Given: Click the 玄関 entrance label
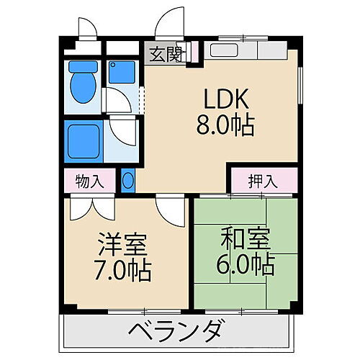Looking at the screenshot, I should (163, 54).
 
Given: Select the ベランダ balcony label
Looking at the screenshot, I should (177, 333).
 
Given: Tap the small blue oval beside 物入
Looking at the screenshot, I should (127, 180).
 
